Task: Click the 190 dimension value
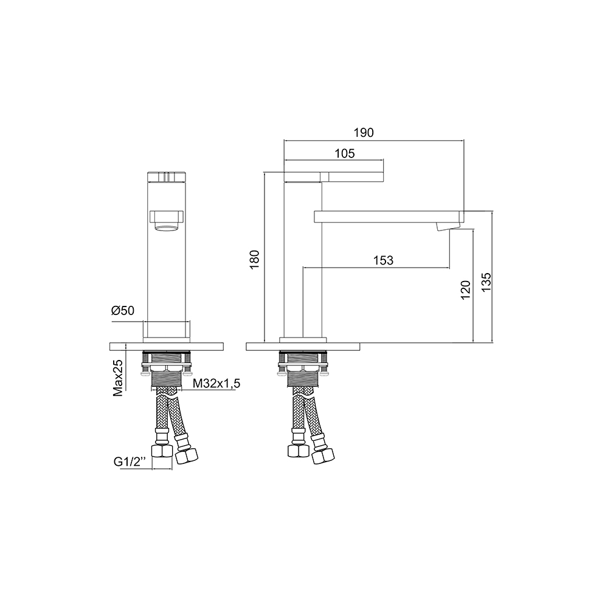(363, 133)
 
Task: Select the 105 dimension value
(344, 153)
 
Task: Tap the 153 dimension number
(383, 260)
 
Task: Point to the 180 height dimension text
(255, 259)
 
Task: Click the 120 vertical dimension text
(465, 290)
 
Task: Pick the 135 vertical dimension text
(486, 282)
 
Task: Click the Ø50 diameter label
(123, 310)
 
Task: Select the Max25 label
(117, 378)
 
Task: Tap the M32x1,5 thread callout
(216, 383)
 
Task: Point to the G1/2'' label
(130, 462)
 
